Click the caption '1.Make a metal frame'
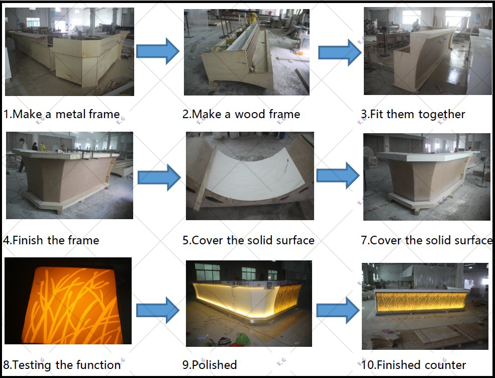[61, 114]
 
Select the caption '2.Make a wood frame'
[241, 114]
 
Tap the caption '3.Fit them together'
[413, 114]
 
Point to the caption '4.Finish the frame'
[51, 240]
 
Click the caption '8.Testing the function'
[62, 365]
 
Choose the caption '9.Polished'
[210, 365]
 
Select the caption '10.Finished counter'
[413, 365]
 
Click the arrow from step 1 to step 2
[158, 51]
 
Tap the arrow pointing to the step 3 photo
[340, 53]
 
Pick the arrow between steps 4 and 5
[159, 177]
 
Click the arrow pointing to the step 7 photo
[338, 175]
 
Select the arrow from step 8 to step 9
[158, 310]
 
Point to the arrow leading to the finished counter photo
[338, 310]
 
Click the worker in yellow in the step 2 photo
[253, 18]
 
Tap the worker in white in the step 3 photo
[416, 25]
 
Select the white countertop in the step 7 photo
[423, 156]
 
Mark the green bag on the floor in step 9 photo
[243, 340]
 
